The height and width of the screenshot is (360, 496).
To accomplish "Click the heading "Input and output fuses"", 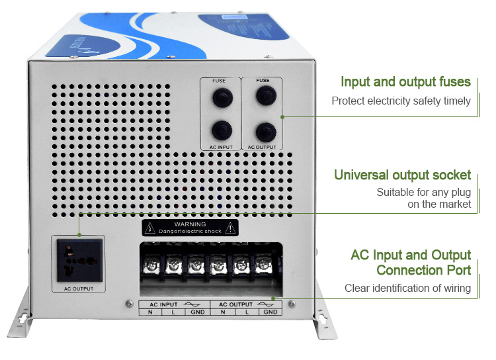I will click(x=405, y=82).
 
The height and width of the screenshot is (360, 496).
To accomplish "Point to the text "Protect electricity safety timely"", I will click(x=401, y=101).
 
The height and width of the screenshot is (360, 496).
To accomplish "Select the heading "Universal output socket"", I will click(x=402, y=175).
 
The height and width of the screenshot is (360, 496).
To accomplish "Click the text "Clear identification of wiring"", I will click(x=407, y=288).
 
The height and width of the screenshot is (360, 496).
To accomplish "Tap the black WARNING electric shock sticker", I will click(x=189, y=228).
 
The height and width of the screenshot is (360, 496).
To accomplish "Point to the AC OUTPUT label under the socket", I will click(x=79, y=289).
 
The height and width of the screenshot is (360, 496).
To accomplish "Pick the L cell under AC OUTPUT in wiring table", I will click(x=246, y=311).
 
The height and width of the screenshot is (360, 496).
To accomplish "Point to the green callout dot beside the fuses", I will click(x=282, y=116).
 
